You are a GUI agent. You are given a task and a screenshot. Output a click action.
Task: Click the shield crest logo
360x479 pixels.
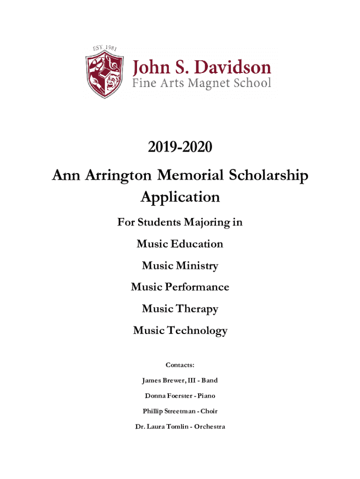(x=104, y=76)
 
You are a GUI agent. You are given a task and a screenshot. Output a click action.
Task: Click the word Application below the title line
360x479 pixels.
(x=180, y=197)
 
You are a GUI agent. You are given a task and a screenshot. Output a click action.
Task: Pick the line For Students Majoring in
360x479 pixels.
(x=180, y=222)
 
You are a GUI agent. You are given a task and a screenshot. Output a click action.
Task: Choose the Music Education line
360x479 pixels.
(x=180, y=244)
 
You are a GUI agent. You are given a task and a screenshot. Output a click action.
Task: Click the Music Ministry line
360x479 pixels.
(x=180, y=266)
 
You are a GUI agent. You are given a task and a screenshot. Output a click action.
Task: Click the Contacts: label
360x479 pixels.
(x=180, y=365)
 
